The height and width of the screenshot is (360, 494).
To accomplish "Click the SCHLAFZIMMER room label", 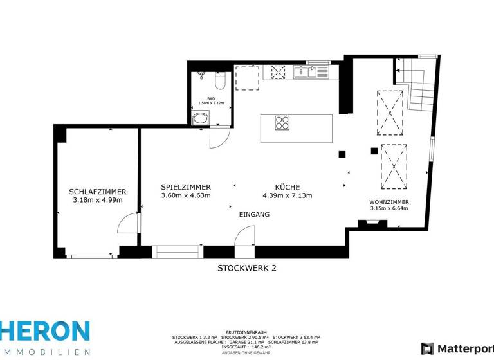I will click(97, 192).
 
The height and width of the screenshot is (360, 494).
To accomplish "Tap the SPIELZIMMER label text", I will click(185, 187).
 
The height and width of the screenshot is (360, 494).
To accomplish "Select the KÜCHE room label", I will click(287, 187).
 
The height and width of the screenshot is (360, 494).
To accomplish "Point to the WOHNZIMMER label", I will click(389, 202).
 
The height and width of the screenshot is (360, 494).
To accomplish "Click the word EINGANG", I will click(254, 214).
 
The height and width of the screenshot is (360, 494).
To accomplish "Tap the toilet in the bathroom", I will click(219, 82).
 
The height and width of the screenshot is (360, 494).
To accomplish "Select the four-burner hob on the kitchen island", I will click(282, 122).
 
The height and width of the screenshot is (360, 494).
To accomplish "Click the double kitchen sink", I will click(309, 73).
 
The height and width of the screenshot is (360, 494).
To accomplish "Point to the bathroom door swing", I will click(219, 137).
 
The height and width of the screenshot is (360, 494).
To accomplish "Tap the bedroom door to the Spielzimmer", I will click(129, 225).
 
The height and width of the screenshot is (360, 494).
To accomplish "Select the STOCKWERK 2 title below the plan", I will click(246, 268).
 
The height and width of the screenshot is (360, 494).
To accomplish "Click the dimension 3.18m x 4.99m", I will click(97, 200).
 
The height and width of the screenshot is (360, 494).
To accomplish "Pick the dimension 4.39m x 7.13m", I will click(287, 195).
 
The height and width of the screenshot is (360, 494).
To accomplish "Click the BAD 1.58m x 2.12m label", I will click(210, 100).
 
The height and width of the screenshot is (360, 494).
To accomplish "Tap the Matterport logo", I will click(457, 348).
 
